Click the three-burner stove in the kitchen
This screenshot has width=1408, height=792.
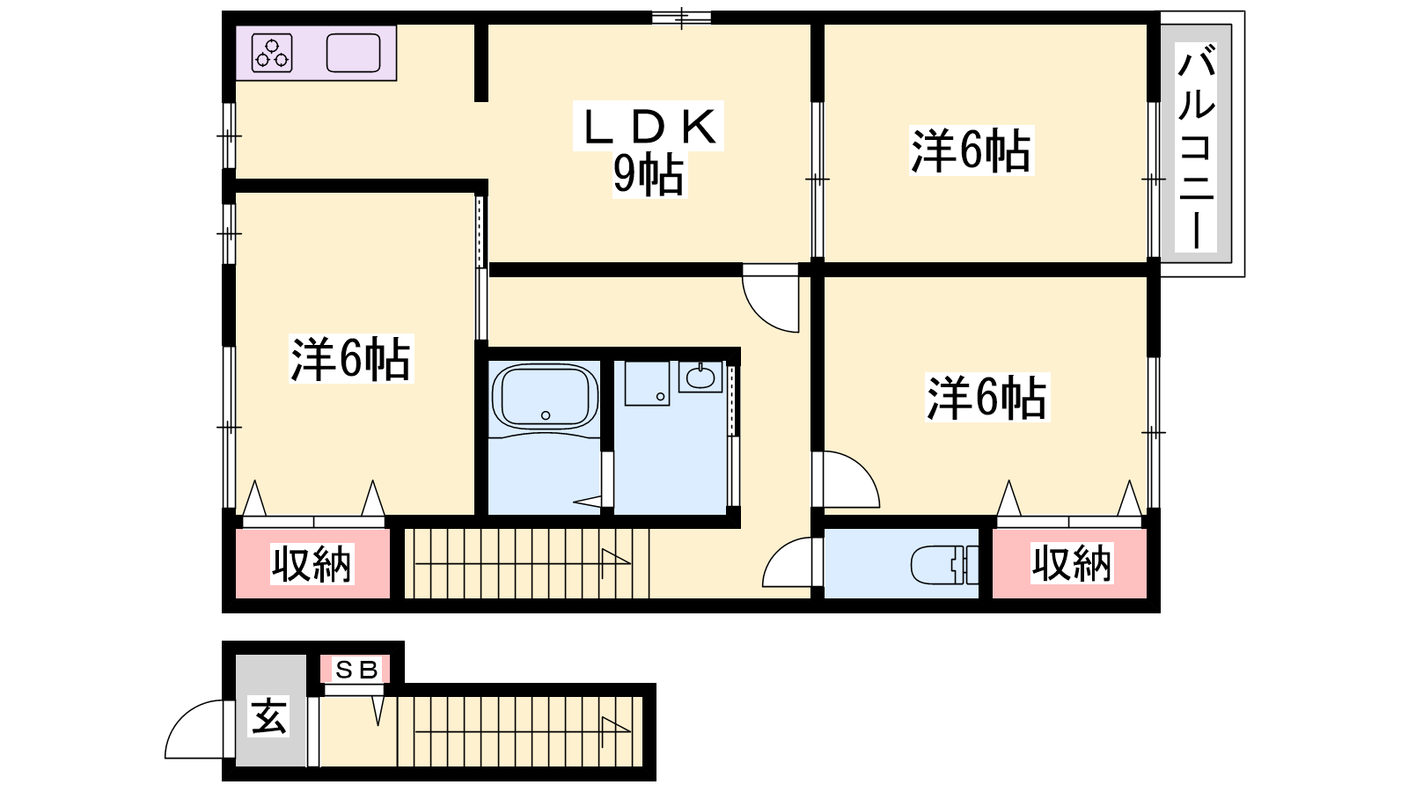272,53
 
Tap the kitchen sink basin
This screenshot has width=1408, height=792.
353,53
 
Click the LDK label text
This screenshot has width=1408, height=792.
649,127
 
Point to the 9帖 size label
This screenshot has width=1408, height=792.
649,174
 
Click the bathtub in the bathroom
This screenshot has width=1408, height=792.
545,397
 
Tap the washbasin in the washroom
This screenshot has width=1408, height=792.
700,378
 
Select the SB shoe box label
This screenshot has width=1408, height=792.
356,670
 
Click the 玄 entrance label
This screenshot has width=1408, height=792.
269,716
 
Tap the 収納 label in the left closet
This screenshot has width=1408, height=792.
312,563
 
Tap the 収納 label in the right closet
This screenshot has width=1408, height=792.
1073,562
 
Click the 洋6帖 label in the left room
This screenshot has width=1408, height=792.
351,358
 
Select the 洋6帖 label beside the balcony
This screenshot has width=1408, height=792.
972,150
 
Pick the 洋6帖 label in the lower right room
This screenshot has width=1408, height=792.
987,397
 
